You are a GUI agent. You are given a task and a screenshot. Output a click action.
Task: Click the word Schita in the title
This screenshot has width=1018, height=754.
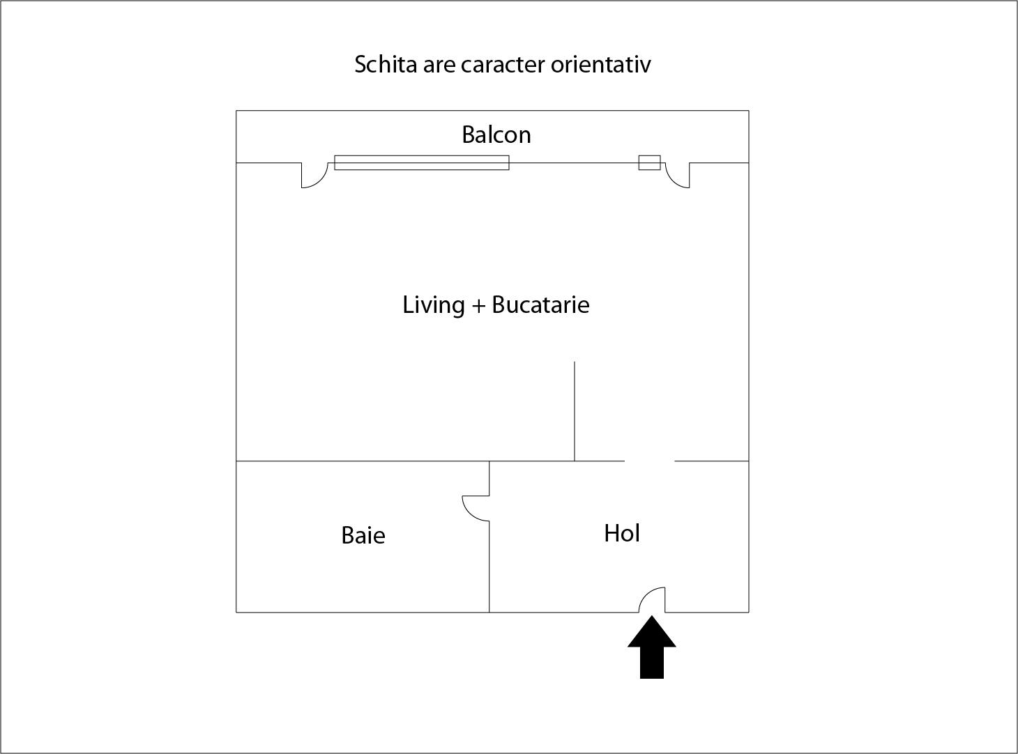point(386,64)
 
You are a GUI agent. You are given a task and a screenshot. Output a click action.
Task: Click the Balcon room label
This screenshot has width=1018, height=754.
point(496,134)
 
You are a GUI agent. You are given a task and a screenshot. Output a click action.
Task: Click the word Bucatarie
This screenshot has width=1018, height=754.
point(540,305)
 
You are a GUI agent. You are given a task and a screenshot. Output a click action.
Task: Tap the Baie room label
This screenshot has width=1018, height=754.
point(363,535)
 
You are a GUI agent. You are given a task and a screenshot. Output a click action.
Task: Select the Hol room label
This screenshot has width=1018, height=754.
point(622,533)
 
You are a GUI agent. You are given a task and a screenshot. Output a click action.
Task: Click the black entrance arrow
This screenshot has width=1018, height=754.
point(652,647)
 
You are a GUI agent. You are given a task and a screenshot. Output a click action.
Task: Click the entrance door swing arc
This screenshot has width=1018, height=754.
point(646,594)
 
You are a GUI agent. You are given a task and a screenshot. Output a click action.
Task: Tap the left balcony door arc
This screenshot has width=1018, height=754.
point(321,180)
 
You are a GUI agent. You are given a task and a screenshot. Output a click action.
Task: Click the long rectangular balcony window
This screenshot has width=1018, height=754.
point(421,163)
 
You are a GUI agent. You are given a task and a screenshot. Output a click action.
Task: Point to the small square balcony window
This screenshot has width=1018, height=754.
point(649,163)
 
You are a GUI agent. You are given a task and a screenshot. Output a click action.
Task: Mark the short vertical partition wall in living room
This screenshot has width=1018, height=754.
point(574,411)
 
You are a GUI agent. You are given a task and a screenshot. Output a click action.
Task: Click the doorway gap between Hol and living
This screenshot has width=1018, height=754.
point(649,461)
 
